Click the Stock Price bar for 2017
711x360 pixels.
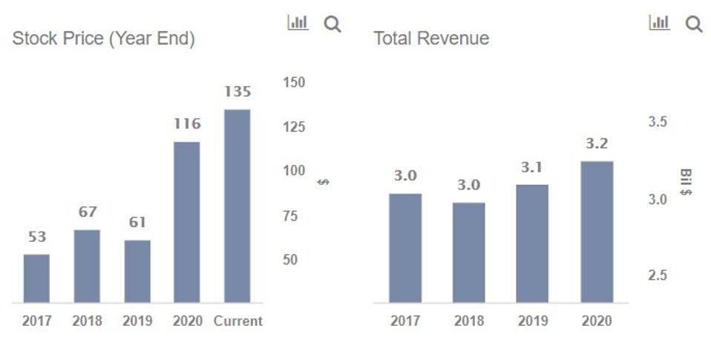[36, 278]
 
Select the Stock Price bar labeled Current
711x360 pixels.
[237, 206]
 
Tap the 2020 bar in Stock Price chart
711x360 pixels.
[186, 222]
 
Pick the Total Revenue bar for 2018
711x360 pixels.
[468, 252]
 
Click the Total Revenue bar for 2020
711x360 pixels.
[597, 232]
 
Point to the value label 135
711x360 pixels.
[237, 92]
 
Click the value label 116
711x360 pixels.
[187, 124]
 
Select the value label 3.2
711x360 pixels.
[597, 144]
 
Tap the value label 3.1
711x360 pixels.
[532, 168]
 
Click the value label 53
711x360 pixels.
[37, 237]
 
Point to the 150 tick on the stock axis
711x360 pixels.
[294, 82]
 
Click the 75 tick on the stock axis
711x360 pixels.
[294, 216]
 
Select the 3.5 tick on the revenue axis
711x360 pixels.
[658, 122]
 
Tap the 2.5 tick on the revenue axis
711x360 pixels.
[658, 275]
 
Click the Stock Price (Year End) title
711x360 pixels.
[103, 39]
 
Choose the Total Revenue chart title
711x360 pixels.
[431, 39]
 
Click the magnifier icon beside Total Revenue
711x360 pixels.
[694, 24]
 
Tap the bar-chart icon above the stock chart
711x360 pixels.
[298, 23]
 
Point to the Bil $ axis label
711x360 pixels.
[686, 183]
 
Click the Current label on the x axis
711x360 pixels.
[237, 321]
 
